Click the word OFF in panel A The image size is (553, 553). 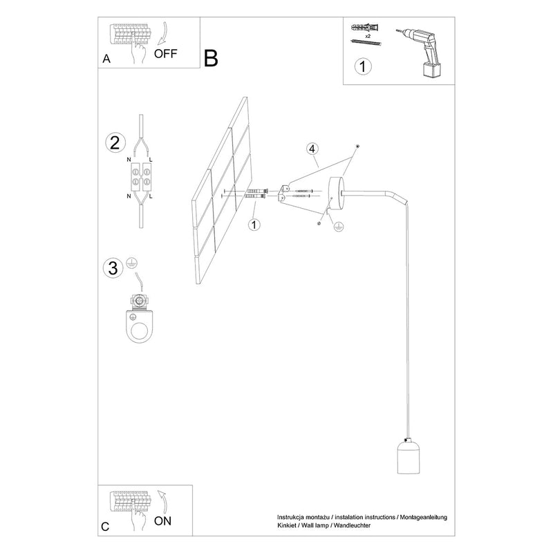165,54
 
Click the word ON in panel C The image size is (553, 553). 162,521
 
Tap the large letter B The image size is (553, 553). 211,58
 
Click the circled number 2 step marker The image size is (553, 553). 115,143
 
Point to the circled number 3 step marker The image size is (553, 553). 113,268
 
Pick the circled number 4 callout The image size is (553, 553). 312,149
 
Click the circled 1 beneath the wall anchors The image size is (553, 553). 254,224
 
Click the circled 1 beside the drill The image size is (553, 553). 363,66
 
